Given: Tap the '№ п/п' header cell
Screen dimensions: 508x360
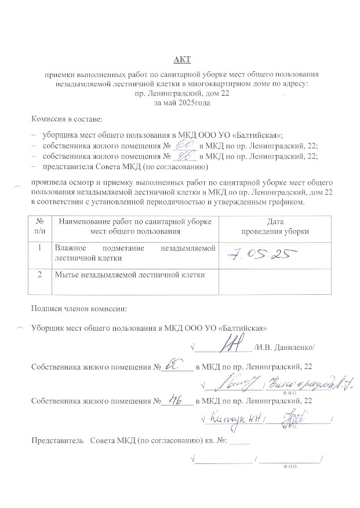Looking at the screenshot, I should pos(41,226).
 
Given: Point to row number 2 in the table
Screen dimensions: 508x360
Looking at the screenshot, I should pos(40,275).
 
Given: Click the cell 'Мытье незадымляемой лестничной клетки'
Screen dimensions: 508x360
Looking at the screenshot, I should pos(129,275).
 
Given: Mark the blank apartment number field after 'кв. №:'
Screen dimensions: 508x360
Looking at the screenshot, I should pos(239,441).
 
